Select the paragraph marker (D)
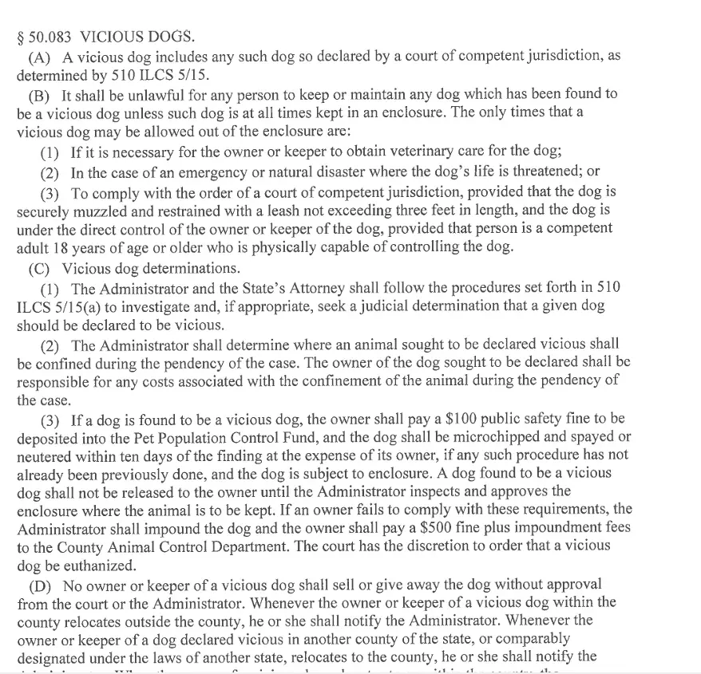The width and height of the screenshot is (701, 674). pos(40,585)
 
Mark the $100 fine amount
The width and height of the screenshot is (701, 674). pos(455,418)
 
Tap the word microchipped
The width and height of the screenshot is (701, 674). pos(494,437)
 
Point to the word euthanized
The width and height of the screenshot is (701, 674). pos(85,566)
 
